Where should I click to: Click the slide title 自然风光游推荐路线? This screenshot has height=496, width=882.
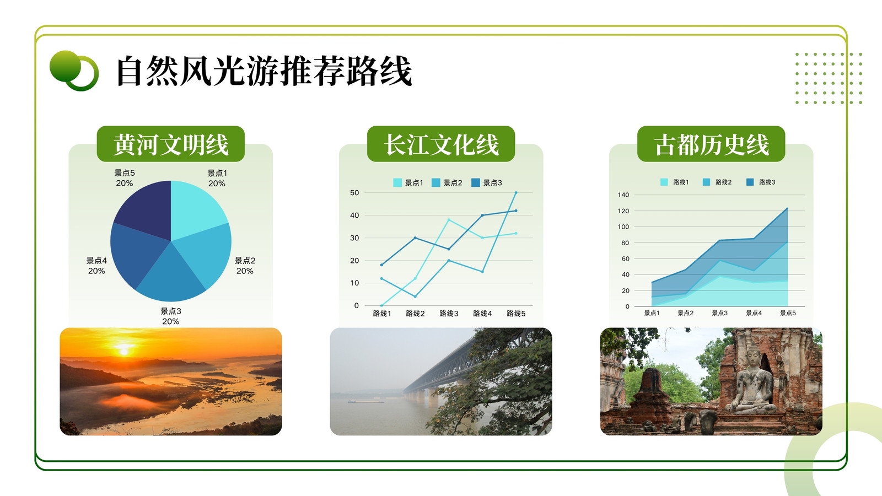coord(264,71)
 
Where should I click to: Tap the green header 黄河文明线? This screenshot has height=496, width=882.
coord(170,144)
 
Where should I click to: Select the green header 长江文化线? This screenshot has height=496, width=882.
coord(441,144)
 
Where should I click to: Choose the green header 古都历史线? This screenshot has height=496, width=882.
coord(711,144)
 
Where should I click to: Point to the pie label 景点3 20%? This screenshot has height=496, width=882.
coord(170,316)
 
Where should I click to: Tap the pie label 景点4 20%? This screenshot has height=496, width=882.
coord(96,266)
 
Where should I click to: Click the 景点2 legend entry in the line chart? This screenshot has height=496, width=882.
coord(447,182)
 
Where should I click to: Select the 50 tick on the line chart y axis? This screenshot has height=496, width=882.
coord(354,192)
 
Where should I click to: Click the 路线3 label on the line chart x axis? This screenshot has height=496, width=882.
coord(449,314)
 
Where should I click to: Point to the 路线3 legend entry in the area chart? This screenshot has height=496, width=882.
coord(761,182)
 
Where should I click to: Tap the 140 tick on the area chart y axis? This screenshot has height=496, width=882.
coord(623,195)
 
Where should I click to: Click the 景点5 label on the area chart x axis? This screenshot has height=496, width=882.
coord(788,313)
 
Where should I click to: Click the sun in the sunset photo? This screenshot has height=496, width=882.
coord(123,350)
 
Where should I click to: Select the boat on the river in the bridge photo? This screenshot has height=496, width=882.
coord(365,402)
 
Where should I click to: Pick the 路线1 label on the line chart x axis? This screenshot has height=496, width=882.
coord(381,314)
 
